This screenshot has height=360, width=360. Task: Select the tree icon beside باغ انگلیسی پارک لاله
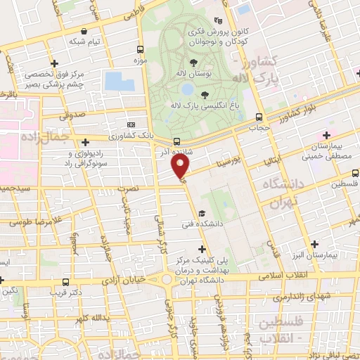pyautogui.click(x=205, y=95)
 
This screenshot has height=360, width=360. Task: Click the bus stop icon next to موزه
pyautogui.click(x=141, y=50)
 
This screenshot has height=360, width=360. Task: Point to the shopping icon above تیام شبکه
pyautogui.click(x=84, y=31)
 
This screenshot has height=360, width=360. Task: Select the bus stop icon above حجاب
pyautogui.click(x=259, y=117)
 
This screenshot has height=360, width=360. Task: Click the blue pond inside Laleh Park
pyautogui.click(x=188, y=89)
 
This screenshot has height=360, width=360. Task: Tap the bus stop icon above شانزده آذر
pyautogui.click(x=176, y=140)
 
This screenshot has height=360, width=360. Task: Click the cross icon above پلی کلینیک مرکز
pyautogui.click(x=203, y=248)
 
